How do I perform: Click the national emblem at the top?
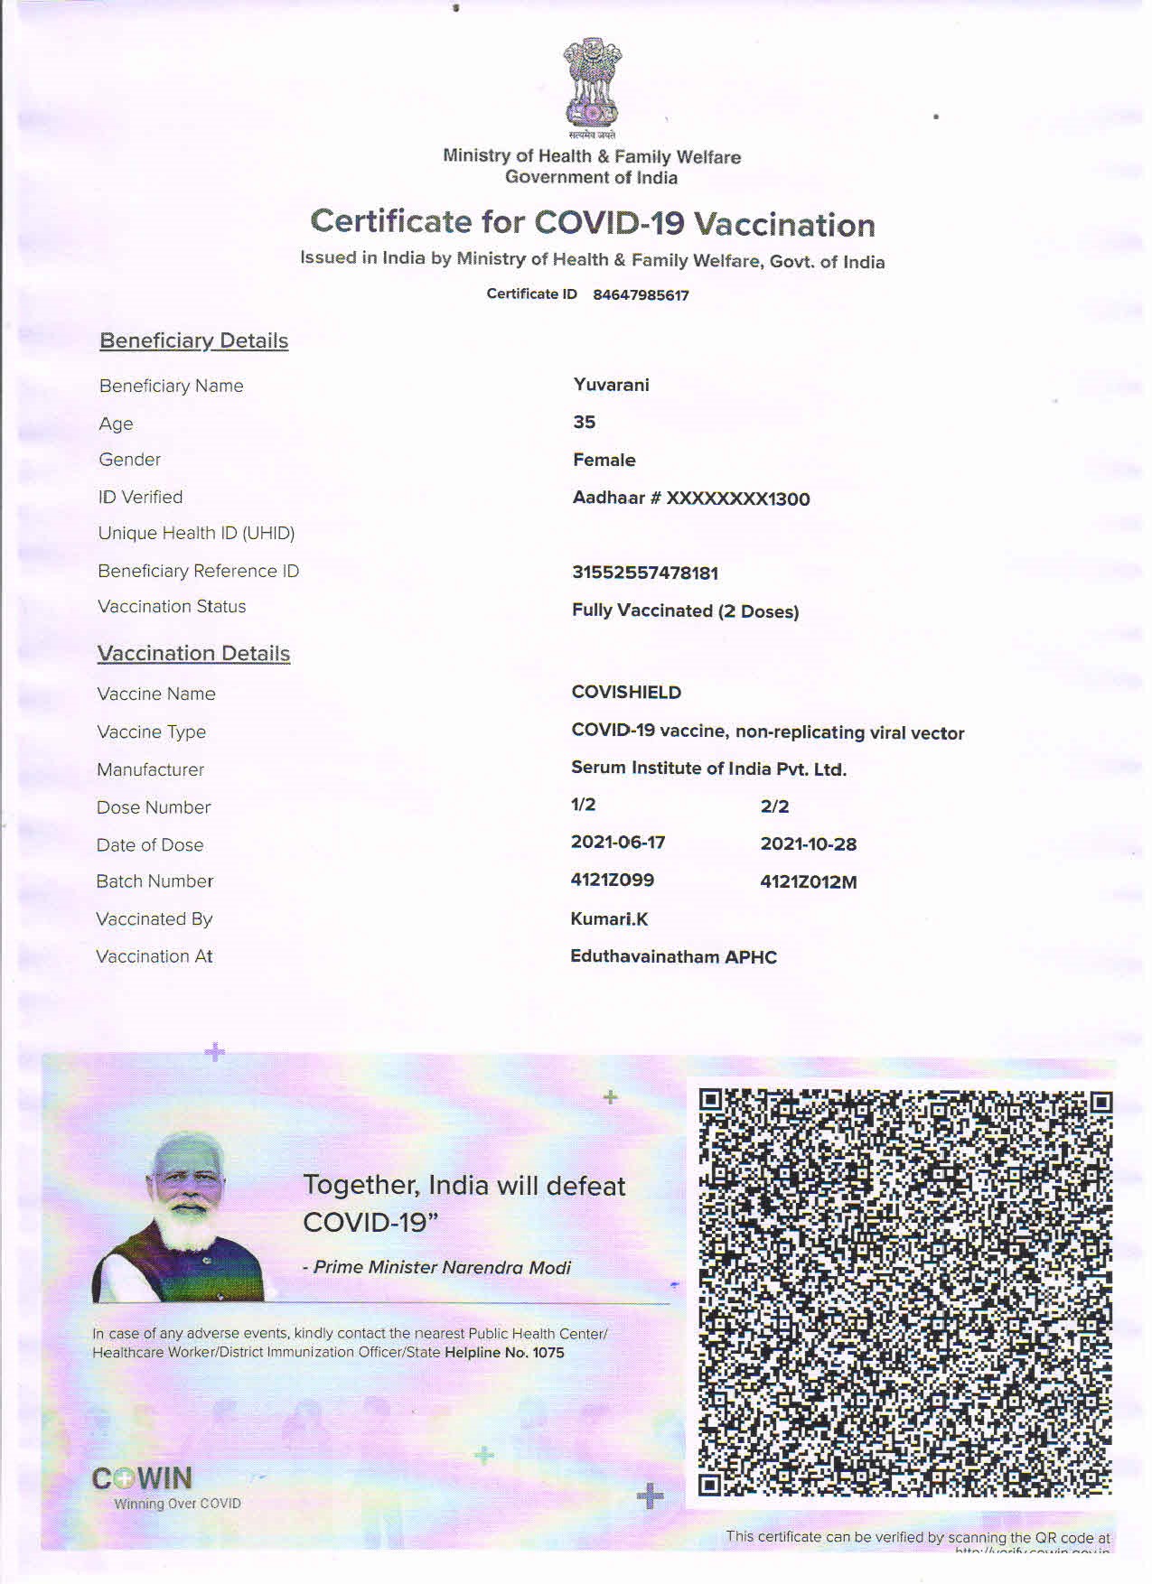tap(592, 82)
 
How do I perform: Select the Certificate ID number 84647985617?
tap(641, 295)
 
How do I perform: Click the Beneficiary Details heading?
tap(193, 340)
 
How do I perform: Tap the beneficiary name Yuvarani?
tap(611, 385)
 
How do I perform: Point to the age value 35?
tap(584, 423)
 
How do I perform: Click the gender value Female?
tap(604, 461)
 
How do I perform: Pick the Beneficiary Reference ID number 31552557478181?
tap(645, 573)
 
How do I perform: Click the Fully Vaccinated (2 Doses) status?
tap(685, 611)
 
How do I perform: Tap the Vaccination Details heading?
tap(193, 654)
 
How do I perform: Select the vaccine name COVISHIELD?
tap(626, 693)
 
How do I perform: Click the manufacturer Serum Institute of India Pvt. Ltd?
tap(708, 769)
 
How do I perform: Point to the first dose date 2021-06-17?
tap(618, 843)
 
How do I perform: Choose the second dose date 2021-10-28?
tap(808, 844)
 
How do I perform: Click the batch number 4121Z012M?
tap(808, 882)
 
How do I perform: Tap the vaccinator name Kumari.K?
tap(609, 919)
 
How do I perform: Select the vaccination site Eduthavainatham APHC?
tap(673, 957)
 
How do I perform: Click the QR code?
tap(904, 1292)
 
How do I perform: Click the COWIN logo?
tap(143, 1478)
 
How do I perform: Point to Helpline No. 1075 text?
tap(504, 1353)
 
